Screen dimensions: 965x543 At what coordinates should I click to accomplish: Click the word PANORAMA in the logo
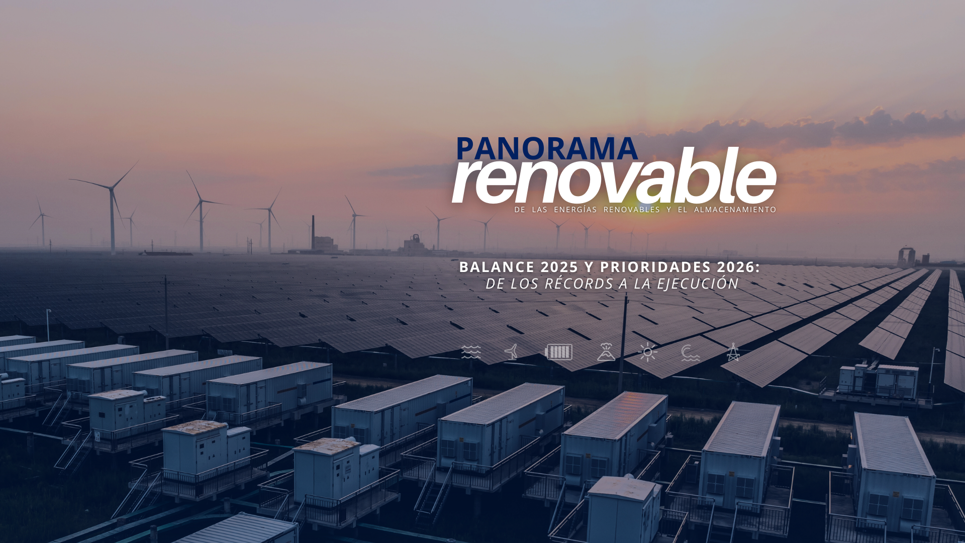pos(547,149)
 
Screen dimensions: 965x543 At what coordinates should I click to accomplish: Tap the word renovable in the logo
pos(614,175)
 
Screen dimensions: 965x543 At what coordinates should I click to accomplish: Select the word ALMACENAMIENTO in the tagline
pos(735,210)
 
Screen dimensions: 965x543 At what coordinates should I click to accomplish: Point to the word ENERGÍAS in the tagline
pos(575,210)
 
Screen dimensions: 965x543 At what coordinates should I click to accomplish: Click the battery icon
pos(558,352)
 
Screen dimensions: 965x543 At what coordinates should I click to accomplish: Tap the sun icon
pos(648,352)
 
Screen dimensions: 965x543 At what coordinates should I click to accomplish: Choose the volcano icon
pos(606,352)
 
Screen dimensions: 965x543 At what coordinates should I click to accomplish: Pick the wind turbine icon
pos(512,352)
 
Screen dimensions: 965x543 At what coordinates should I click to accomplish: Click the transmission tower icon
pos(733,352)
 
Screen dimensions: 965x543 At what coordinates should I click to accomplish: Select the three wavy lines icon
pos(471,352)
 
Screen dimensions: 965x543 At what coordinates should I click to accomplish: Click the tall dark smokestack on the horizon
pos(313,232)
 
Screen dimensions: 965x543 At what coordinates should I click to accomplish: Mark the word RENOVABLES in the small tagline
pos(632,210)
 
